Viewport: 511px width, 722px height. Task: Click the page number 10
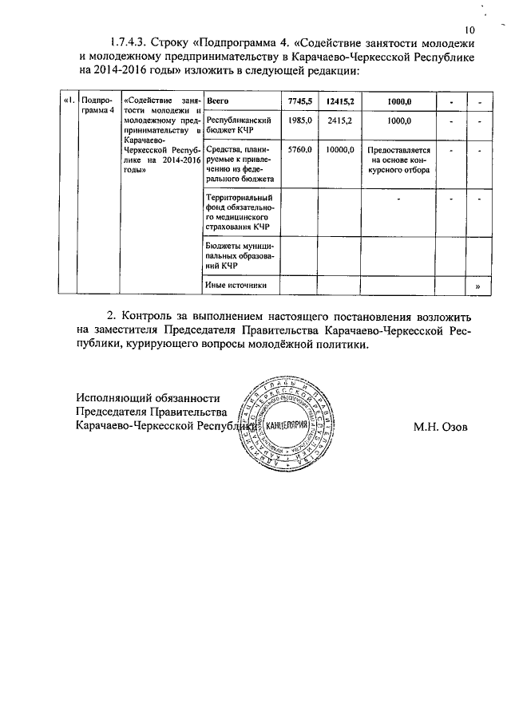click(x=468, y=30)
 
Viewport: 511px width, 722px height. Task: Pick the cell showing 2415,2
click(x=340, y=120)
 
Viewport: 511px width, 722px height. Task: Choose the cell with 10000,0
click(x=340, y=150)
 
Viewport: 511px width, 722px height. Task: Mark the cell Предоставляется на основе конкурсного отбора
click(x=399, y=160)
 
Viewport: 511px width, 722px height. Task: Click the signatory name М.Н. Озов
click(x=441, y=427)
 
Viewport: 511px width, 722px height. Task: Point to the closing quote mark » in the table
click(x=477, y=286)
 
